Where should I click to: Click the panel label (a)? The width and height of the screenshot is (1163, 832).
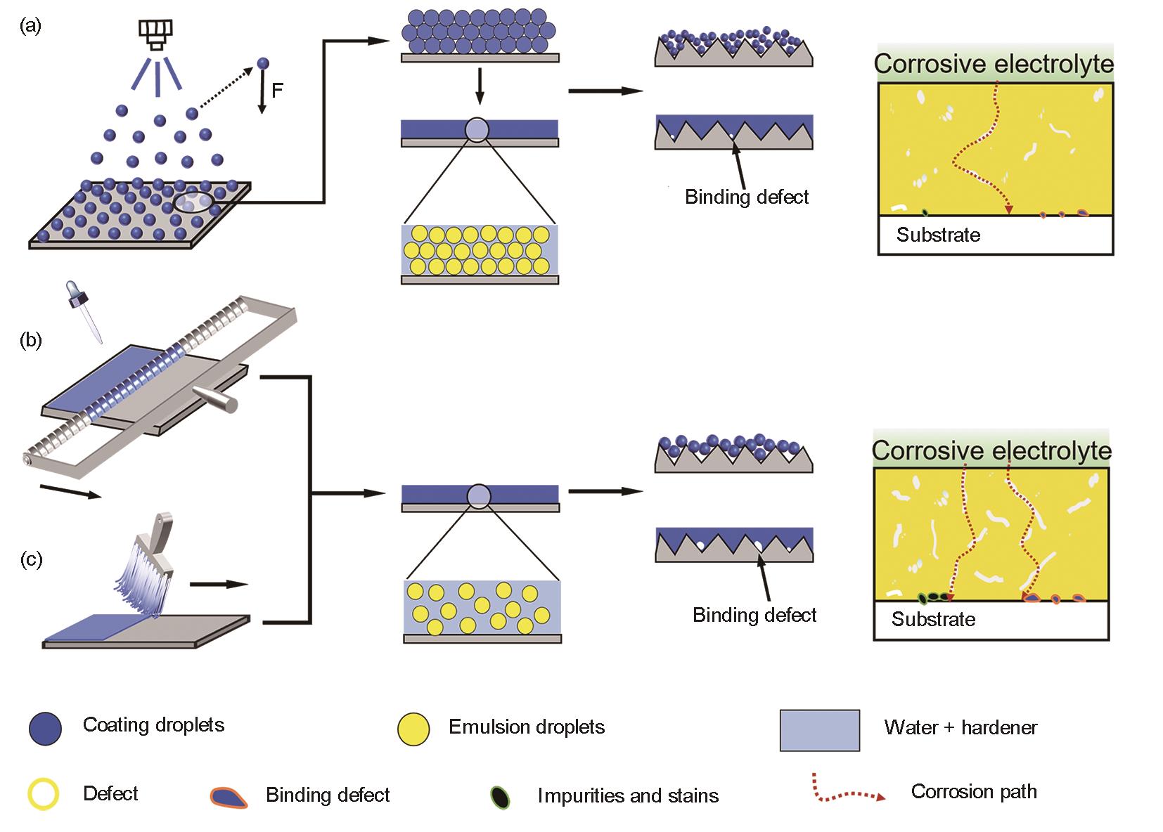click(x=32, y=27)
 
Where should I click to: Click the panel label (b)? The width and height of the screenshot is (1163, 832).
click(x=32, y=341)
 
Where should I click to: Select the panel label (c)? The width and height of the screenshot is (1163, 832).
click(x=32, y=559)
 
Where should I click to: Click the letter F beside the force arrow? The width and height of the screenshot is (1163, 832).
click(x=277, y=91)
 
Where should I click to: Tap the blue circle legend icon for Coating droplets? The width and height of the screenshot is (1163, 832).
click(x=45, y=729)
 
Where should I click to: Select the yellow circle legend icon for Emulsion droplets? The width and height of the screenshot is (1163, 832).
click(x=413, y=729)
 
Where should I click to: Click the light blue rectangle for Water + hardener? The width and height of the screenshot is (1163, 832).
click(x=819, y=730)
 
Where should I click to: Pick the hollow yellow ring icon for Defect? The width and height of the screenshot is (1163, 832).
click(x=43, y=795)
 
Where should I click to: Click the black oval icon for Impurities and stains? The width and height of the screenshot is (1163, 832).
click(x=500, y=797)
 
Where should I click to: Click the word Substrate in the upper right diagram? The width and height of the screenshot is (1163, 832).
click(x=938, y=235)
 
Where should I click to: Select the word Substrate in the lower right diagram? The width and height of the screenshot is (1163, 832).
click(x=933, y=619)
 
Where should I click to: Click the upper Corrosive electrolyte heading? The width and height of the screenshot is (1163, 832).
click(x=994, y=65)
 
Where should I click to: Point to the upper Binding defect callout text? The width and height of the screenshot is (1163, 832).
click(x=747, y=197)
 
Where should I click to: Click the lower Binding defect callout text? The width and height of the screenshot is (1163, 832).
click(x=754, y=616)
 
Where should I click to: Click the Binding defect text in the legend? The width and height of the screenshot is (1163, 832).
click(x=328, y=795)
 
